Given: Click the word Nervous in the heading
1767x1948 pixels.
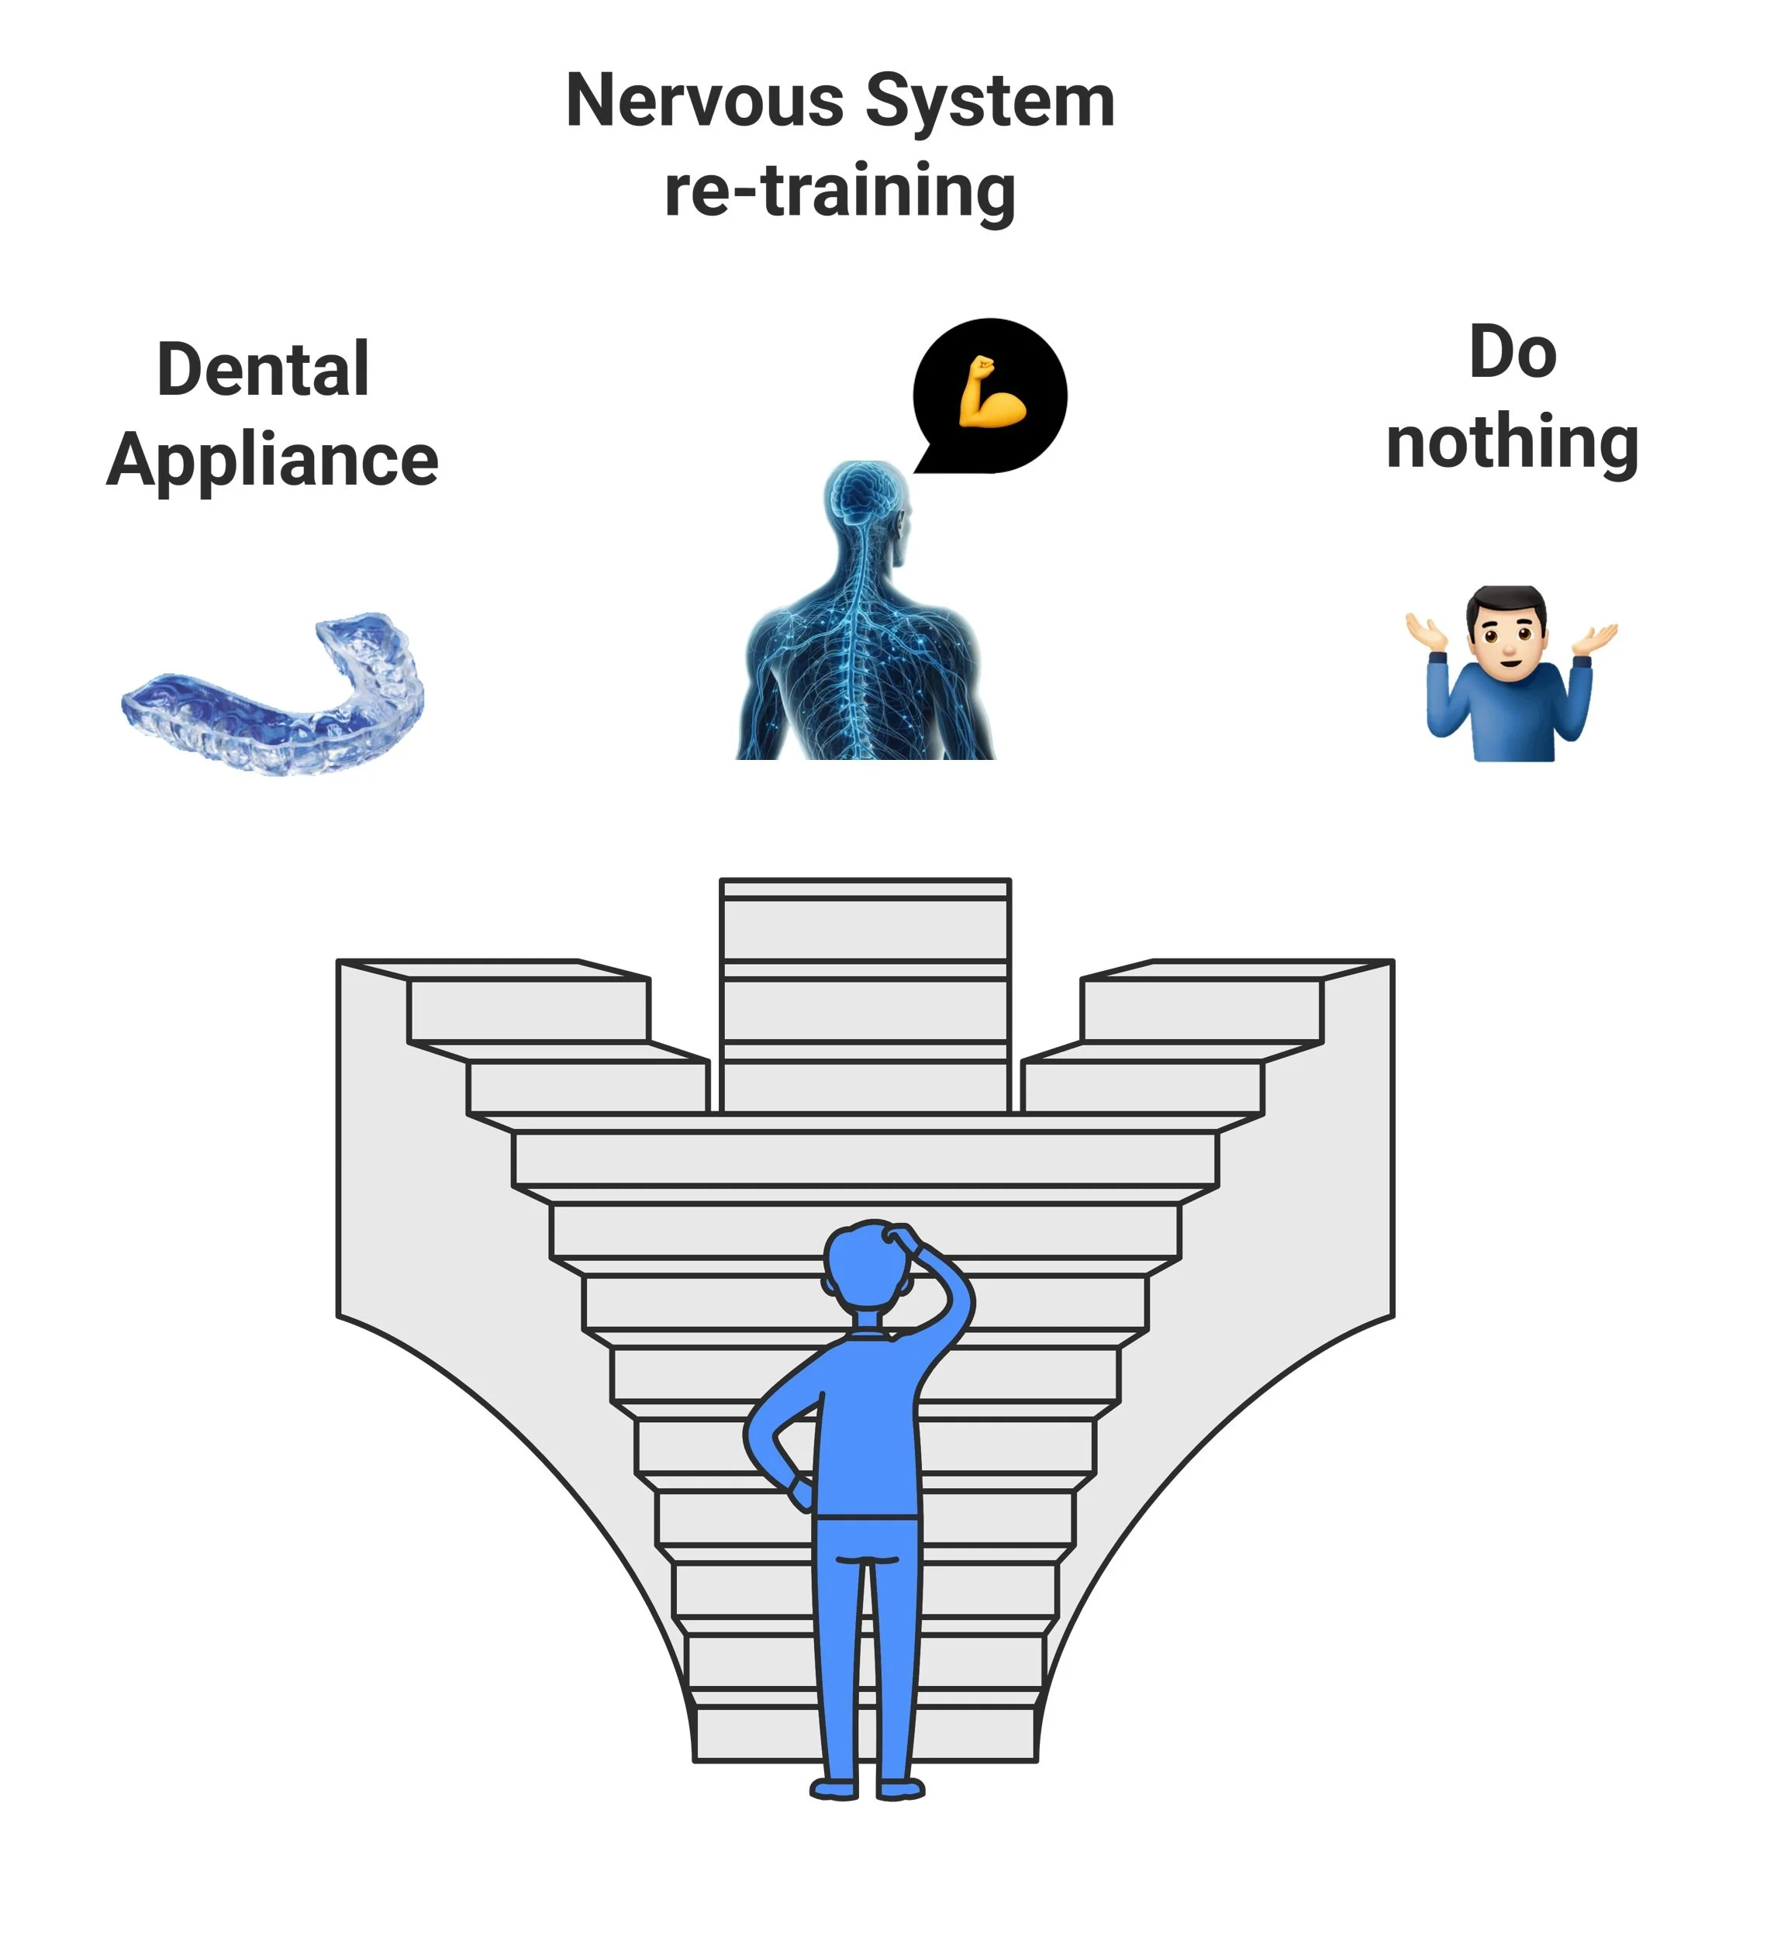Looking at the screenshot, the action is point(704,101).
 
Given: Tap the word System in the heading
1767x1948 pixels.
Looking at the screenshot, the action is point(989,101).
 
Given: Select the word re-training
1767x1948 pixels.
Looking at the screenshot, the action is point(840,190).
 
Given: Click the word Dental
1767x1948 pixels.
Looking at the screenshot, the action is point(263,369).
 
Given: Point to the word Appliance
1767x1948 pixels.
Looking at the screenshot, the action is point(272,460).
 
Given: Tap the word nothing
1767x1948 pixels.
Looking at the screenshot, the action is point(1512,443).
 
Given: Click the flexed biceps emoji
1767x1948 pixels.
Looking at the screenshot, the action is point(991,392).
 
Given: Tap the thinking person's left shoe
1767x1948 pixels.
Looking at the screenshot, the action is point(833,1791).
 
